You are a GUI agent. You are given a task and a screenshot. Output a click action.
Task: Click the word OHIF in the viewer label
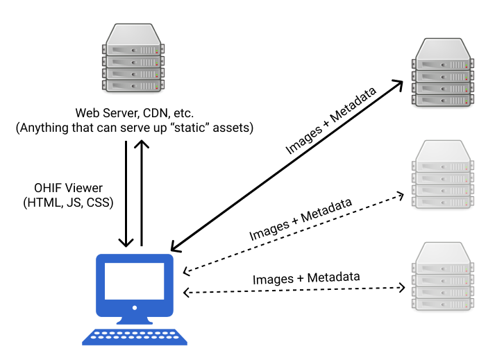(x=49, y=187)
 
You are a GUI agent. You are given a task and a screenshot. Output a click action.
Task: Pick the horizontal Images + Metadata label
(x=306, y=278)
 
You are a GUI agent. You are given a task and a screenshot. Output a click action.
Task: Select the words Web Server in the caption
(x=103, y=112)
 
